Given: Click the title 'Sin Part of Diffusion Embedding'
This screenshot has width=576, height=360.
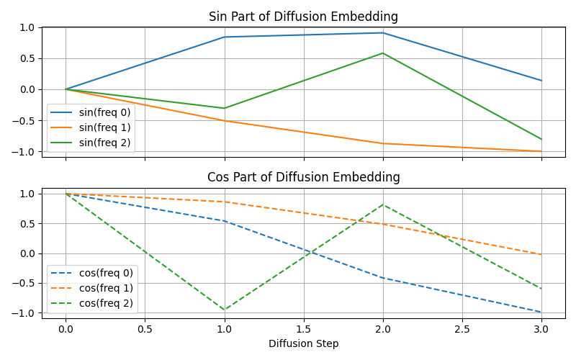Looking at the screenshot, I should [x=303, y=17].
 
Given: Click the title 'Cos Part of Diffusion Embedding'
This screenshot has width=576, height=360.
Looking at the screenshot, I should [x=303, y=177].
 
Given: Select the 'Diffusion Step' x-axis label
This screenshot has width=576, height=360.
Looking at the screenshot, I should [x=303, y=343].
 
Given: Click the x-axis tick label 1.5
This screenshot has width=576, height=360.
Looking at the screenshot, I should [x=303, y=328].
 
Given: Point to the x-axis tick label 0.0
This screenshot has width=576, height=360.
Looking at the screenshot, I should [x=66, y=328].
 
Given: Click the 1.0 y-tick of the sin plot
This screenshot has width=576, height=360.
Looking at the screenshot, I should [x=27, y=27].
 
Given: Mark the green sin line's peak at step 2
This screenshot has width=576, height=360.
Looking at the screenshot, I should [x=383, y=53].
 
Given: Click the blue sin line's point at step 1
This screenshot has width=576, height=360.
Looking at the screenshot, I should [x=225, y=37].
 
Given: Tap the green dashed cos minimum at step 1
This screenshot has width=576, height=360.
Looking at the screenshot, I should [x=225, y=310].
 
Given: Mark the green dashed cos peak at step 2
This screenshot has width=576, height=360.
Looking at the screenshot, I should [x=383, y=204].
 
